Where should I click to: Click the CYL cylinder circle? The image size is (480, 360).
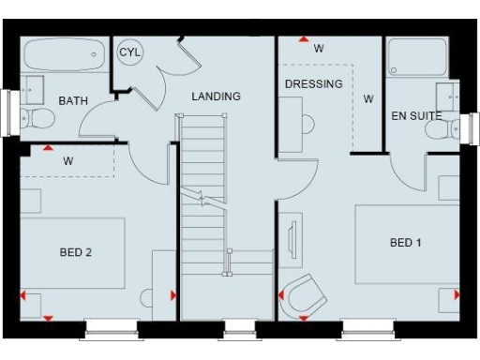[130, 52]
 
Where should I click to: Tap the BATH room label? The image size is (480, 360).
[73, 100]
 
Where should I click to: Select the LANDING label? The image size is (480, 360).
[216, 97]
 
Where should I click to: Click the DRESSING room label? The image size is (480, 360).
[313, 83]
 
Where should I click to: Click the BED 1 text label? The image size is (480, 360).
[406, 243]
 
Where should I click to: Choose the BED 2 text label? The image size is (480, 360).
[75, 252]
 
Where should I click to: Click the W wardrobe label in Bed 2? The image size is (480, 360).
[68, 160]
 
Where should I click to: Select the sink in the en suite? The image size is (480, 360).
[447, 96]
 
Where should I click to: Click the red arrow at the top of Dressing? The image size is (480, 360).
[303, 40]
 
